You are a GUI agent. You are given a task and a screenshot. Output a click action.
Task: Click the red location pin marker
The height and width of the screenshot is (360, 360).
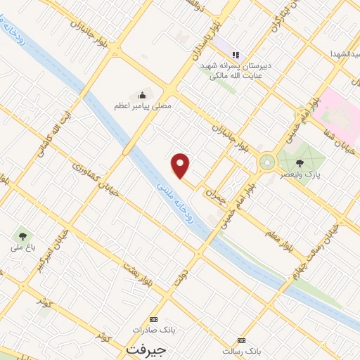[181, 166]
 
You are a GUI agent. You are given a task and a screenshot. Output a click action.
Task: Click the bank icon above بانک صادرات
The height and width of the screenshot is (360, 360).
[154, 319]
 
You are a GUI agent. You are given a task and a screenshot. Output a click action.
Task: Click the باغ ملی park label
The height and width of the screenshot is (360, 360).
[22, 247]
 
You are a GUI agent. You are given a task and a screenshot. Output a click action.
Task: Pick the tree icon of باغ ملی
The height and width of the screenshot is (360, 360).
[22, 236]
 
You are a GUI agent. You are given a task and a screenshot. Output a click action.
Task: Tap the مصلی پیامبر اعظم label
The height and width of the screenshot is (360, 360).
[143, 105]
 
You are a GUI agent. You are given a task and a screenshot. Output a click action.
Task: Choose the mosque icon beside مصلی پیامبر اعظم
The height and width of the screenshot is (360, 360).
[143, 95]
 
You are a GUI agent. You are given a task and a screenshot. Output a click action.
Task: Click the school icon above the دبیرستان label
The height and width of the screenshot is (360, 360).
[236, 54]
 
